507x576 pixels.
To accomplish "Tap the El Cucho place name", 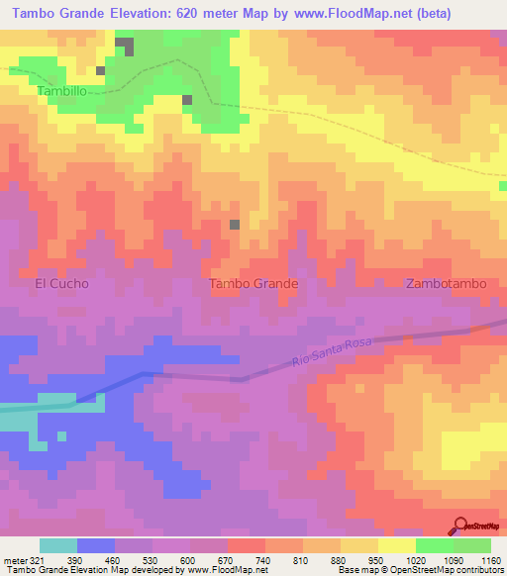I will click(x=61, y=283).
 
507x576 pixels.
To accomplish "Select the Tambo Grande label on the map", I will click(x=254, y=283).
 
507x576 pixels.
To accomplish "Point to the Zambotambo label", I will click(x=447, y=283).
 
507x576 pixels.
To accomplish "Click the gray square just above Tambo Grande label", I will click(x=235, y=225).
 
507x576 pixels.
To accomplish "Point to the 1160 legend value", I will click(x=487, y=559).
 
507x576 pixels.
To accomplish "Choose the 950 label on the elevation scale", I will click(x=373, y=559).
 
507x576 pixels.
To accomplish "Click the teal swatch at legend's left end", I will click(x=58, y=545).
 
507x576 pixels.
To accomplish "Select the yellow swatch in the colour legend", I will click(x=397, y=545).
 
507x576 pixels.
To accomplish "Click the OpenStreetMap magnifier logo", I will click(x=461, y=527).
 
